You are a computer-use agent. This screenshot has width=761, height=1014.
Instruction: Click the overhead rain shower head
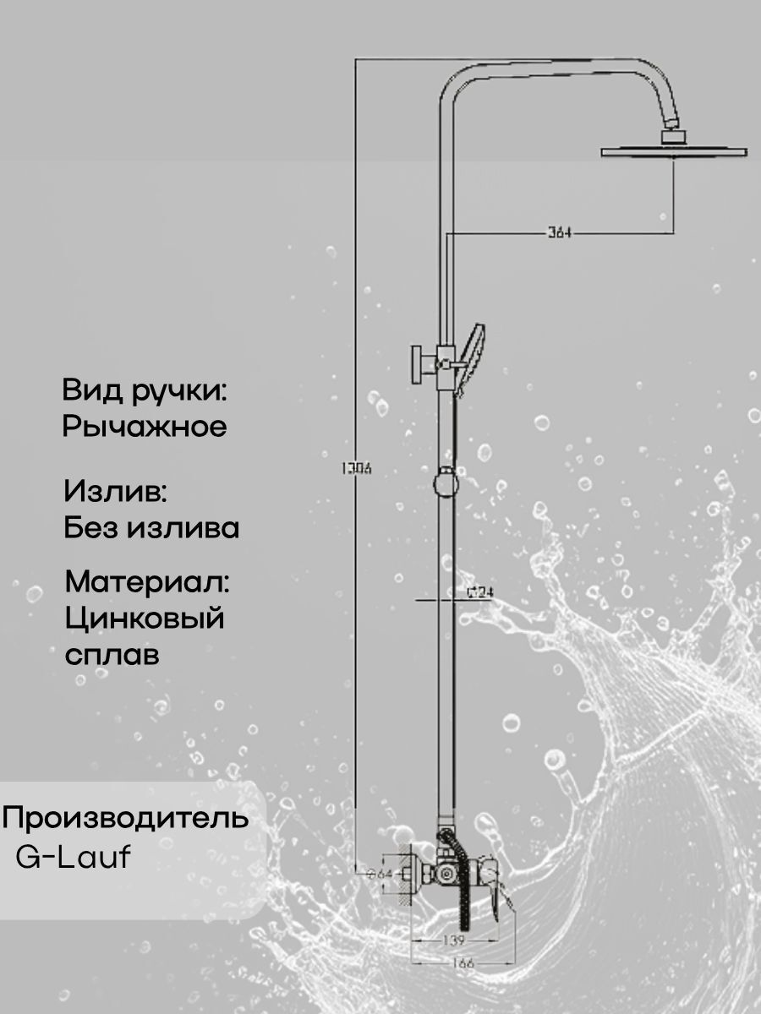point(674,152)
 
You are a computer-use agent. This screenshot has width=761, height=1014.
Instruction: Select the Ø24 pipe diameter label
point(479,593)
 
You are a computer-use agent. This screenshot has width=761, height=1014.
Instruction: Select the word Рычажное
point(145,427)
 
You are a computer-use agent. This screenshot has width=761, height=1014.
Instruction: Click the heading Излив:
point(116,491)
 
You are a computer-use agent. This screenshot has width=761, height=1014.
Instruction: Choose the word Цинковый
point(145,619)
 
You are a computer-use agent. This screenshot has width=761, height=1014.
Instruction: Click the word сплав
point(112,656)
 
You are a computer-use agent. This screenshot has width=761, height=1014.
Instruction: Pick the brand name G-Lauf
point(74,858)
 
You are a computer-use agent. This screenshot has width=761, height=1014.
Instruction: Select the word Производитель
point(127,818)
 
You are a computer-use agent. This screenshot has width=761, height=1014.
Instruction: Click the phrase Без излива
point(152,529)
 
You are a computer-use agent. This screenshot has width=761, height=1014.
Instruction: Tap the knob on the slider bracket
point(418,364)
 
